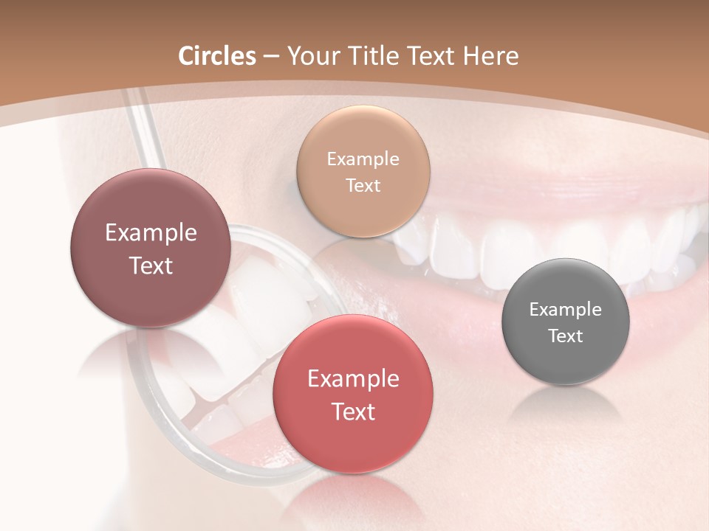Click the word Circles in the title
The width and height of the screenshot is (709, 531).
tap(217, 56)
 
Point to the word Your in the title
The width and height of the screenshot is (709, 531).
tap(313, 56)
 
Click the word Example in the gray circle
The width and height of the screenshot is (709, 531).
tap(565, 310)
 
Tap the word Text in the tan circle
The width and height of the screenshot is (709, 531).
tap(363, 186)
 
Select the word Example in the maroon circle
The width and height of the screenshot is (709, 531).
tap(151, 233)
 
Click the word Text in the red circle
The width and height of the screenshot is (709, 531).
tap(353, 412)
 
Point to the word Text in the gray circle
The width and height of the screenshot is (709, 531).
tap(565, 336)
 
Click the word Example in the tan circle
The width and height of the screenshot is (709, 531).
tap(363, 159)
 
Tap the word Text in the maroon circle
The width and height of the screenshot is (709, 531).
tap(151, 265)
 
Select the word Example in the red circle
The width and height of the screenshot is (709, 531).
tap(353, 379)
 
